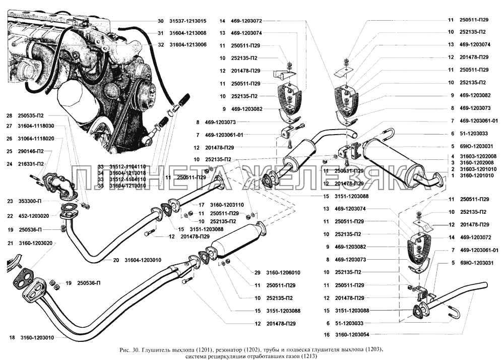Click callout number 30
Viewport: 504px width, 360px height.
(160, 21)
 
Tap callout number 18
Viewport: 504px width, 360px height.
(12, 337)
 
